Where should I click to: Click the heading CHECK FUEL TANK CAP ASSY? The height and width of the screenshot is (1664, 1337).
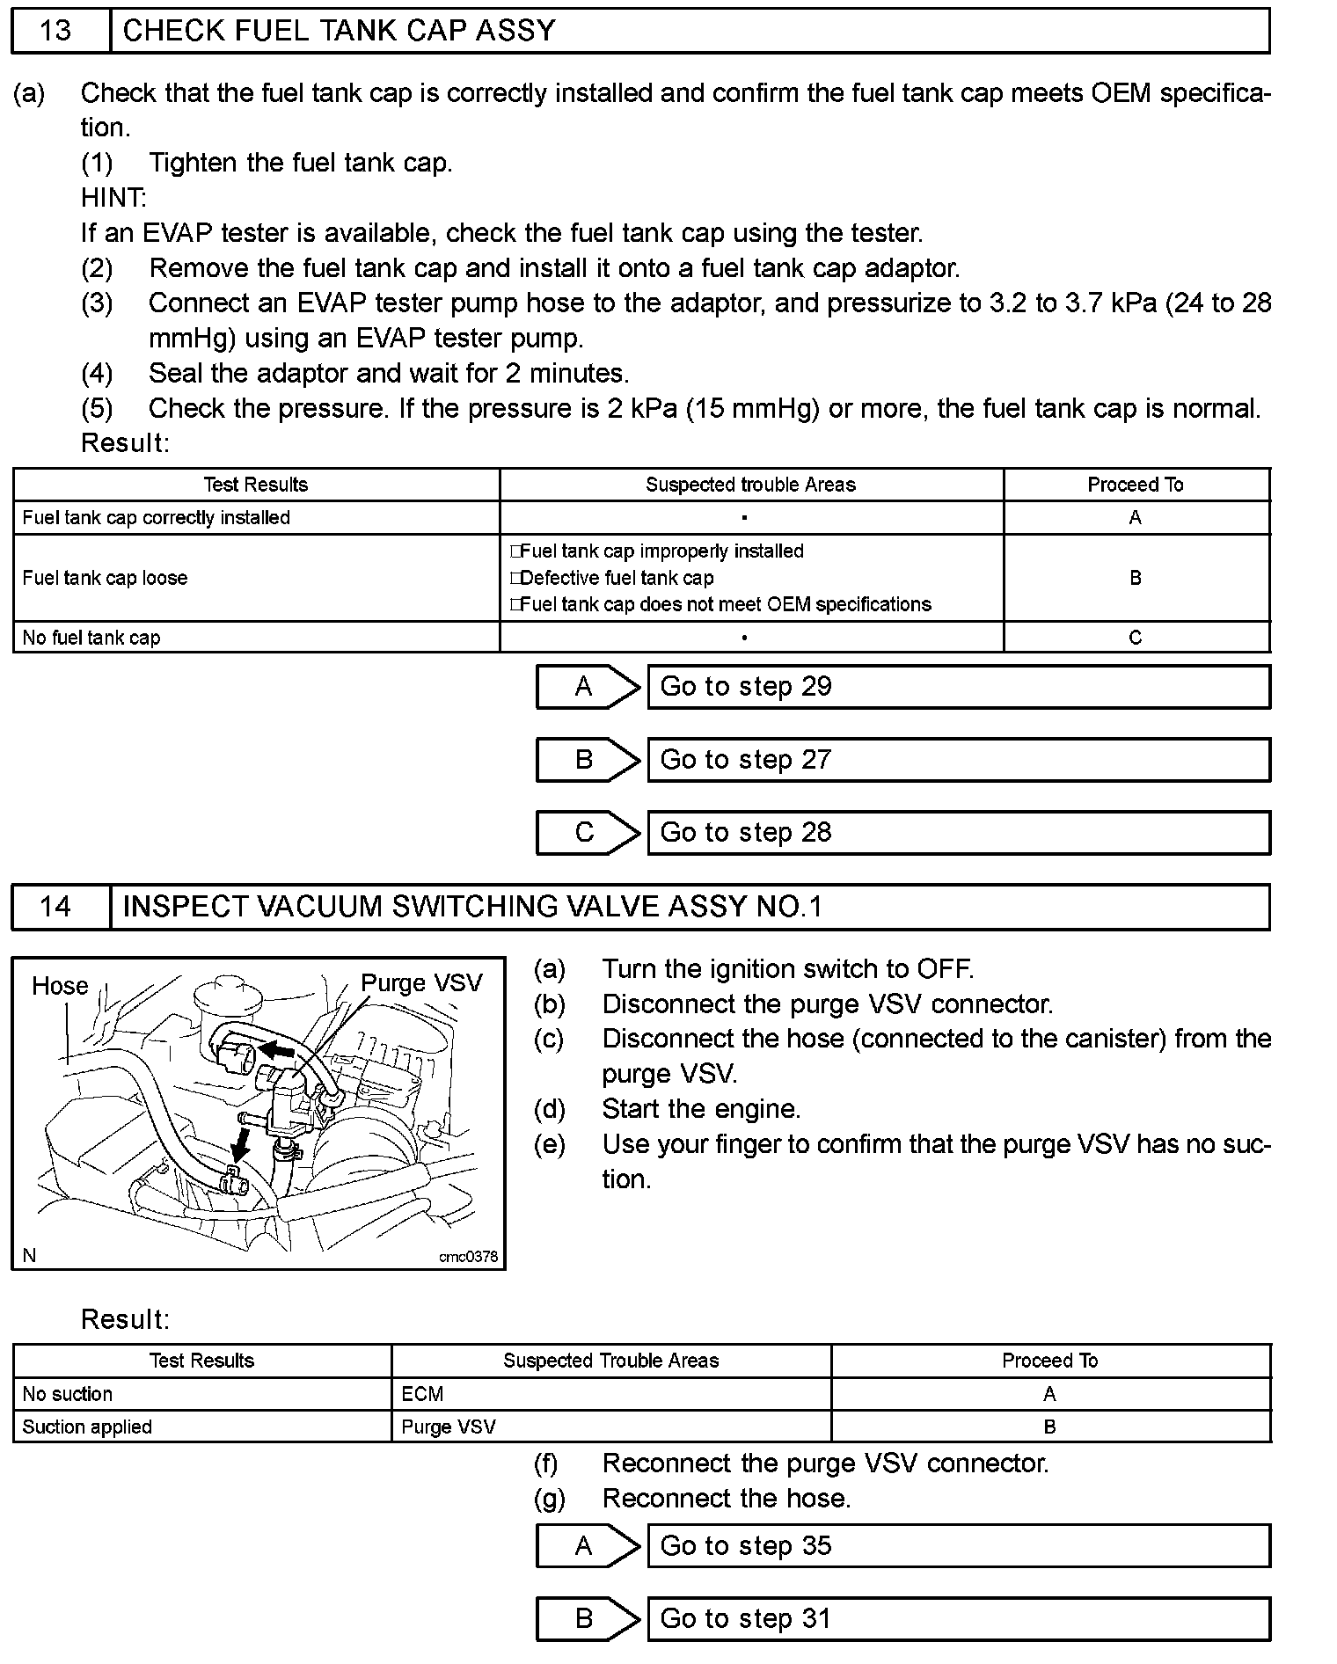point(339,31)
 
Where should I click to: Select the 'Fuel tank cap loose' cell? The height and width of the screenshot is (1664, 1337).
point(106,578)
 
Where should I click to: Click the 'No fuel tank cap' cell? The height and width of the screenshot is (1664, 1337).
point(91,638)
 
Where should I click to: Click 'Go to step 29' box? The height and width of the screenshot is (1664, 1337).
point(958,687)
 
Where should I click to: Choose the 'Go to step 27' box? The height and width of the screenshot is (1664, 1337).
point(958,760)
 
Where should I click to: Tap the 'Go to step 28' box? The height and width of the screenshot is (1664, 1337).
point(958,833)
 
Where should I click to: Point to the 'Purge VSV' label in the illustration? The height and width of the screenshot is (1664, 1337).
point(421,983)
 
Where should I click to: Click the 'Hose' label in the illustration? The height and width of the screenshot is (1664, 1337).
point(60,986)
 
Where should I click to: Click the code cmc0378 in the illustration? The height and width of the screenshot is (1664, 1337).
point(468,1257)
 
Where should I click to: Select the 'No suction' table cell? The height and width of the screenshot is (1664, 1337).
point(68,1394)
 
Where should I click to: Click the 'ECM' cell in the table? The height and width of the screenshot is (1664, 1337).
point(422,1394)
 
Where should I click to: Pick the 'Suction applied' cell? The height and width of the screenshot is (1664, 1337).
point(87,1427)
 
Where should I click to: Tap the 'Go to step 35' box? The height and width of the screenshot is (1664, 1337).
point(958,1545)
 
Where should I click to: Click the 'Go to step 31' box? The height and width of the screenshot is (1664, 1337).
point(958,1618)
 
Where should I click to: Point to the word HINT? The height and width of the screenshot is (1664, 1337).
point(113,198)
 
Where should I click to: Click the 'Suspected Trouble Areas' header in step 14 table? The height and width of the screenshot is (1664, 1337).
point(610,1361)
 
